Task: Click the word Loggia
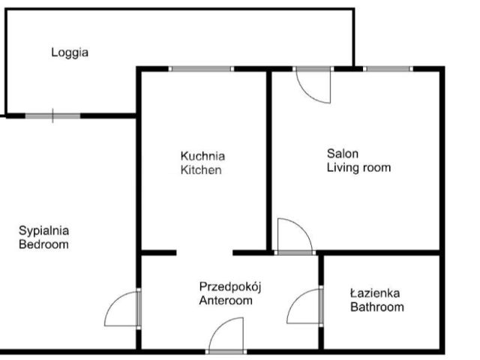pyautogui.click(x=70, y=52)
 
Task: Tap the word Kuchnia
pyautogui.click(x=202, y=156)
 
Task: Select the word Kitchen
pyautogui.click(x=201, y=170)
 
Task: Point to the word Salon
pyautogui.click(x=343, y=153)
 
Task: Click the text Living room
pyautogui.click(x=358, y=167)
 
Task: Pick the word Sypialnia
pyautogui.click(x=43, y=231)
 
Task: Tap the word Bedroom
pyautogui.click(x=43, y=244)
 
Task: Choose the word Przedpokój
pyautogui.click(x=230, y=287)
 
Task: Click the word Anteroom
pyautogui.click(x=226, y=300)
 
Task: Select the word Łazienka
pyautogui.click(x=375, y=293)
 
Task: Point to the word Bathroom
pyautogui.click(x=377, y=307)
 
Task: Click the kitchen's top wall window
pyautogui.click(x=201, y=69)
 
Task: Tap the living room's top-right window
pyautogui.click(x=388, y=69)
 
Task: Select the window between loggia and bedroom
pyautogui.click(x=52, y=115)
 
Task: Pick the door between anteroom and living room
pyautogui.click(x=295, y=236)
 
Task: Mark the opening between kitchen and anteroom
pyautogui.click(x=205, y=253)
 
